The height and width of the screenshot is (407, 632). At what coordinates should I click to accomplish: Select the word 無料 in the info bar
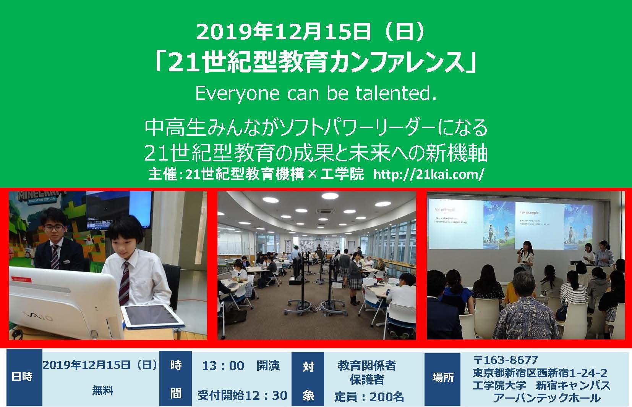coord(102,391)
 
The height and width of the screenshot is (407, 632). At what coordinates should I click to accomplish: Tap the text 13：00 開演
coord(241,366)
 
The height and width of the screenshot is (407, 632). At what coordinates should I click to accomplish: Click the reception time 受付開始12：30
coord(242,395)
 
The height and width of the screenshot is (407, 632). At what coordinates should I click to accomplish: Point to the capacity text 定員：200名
coord(369,397)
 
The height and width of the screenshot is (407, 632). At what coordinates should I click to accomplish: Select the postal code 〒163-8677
coord(505,360)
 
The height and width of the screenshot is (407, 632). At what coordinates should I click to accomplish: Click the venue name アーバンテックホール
coord(546,398)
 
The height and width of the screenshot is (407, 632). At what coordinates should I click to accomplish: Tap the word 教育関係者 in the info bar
coord(367,365)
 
